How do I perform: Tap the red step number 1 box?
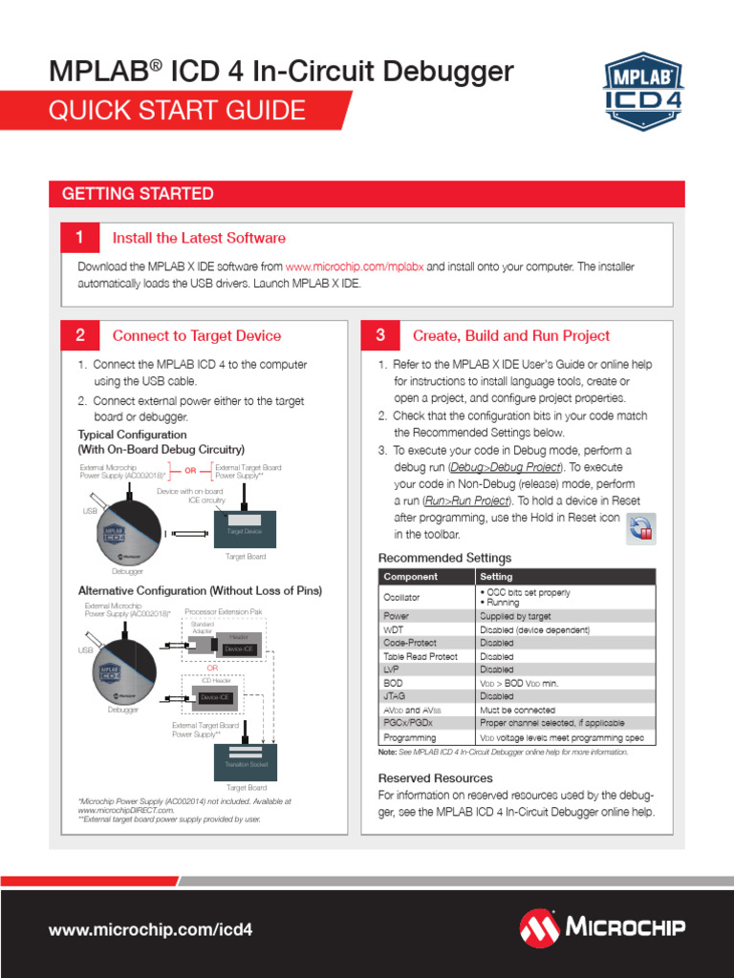tap(79, 238)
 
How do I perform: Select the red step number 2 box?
tap(80, 335)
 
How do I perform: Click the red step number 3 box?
tap(380, 335)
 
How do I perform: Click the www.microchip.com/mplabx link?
tap(355, 267)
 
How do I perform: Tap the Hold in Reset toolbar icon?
tap(640, 527)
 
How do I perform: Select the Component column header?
tap(410, 577)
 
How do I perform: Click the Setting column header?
tap(496, 577)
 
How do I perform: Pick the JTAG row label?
tap(395, 696)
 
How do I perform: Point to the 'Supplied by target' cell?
tap(515, 617)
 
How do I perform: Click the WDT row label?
tap(394, 630)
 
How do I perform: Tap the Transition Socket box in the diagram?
tap(246, 765)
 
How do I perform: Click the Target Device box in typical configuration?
tap(245, 530)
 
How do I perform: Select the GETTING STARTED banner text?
tap(138, 194)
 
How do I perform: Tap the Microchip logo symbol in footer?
tap(540, 927)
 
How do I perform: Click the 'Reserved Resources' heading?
tap(435, 778)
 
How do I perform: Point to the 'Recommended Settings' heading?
tap(444, 558)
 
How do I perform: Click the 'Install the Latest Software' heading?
tap(199, 238)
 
